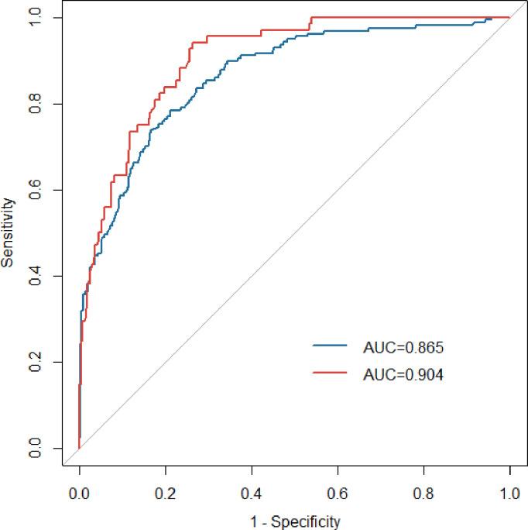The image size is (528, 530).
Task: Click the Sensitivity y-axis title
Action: click(8, 232)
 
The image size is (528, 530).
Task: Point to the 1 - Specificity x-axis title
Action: click(294, 521)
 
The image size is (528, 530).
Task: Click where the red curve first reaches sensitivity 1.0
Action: click(310, 17)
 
